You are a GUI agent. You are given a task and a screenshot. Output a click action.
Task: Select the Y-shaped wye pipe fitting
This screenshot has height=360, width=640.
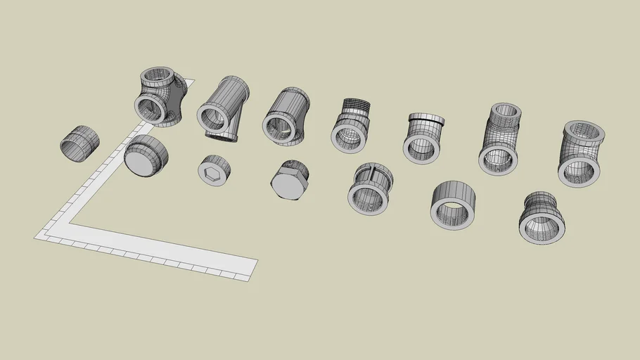coord(223,108)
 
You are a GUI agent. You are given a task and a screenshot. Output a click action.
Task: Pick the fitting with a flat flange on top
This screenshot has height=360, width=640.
coord(423,136)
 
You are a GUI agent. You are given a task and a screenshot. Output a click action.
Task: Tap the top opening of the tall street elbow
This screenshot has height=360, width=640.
coord(505,110)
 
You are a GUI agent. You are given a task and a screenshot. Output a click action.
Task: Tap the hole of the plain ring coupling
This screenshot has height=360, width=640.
coord(451,213)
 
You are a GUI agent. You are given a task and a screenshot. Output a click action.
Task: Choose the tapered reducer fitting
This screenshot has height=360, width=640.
coord(542,217)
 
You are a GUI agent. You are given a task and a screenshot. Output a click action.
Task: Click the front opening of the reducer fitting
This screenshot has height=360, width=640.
coord(542,227)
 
